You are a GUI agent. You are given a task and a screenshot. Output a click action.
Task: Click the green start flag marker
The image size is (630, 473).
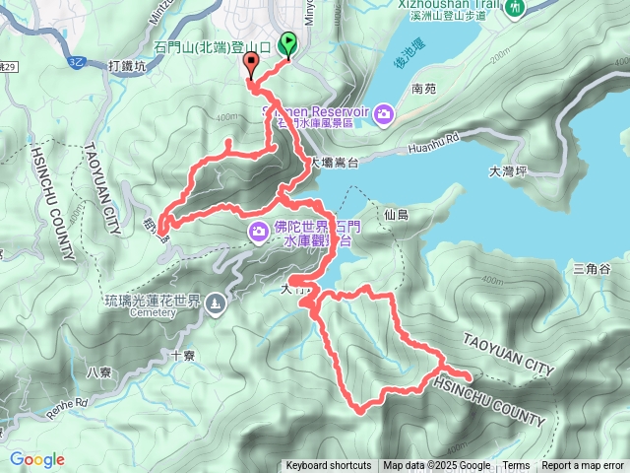click(289, 43)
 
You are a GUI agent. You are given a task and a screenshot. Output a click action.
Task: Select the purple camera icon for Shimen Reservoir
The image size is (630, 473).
click(385, 114)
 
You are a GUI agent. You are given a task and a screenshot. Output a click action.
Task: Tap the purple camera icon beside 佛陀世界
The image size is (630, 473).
click(259, 232)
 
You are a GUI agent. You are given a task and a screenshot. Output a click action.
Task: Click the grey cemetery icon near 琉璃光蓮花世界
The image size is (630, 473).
click(216, 303)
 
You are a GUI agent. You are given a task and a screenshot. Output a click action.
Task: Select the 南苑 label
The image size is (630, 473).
click(423, 89)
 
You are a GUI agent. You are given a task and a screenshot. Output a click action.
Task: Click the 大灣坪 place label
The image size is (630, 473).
click(509, 171)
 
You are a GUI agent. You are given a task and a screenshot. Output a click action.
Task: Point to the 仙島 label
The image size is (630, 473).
click(397, 214)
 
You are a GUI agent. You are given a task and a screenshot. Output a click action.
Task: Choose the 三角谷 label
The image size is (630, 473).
click(592, 268)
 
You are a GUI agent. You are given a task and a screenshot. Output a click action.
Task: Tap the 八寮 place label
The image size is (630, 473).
click(99, 372)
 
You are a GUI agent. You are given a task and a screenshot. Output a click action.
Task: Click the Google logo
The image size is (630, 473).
click(36, 459)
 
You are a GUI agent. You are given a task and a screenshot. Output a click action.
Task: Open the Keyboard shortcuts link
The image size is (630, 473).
click(329, 466)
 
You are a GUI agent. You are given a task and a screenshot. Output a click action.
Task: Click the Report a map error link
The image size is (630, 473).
click(583, 466)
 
